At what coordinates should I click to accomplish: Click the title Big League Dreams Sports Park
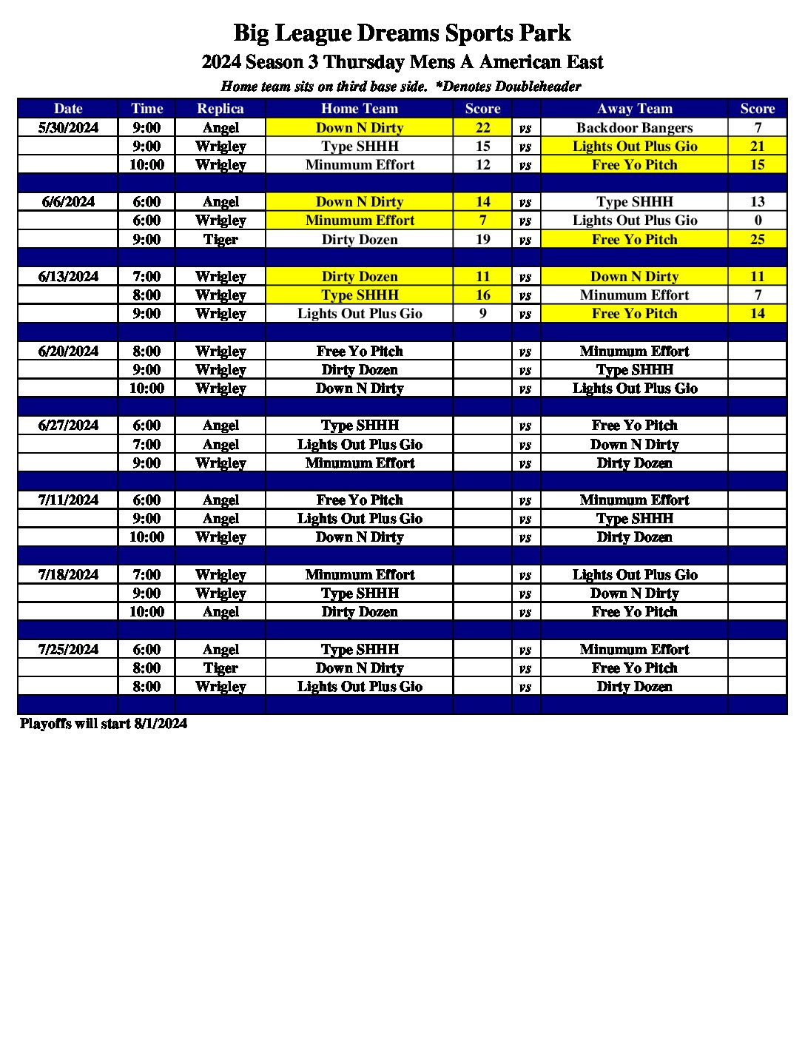click(402, 33)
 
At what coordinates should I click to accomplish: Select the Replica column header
click(220, 109)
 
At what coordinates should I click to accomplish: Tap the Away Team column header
click(634, 109)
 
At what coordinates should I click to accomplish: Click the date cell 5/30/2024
click(68, 128)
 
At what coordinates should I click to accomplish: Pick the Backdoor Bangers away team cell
click(634, 128)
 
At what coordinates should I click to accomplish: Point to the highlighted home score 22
click(482, 128)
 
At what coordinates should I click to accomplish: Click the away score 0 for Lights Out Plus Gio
click(757, 221)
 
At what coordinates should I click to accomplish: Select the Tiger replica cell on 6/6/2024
click(220, 240)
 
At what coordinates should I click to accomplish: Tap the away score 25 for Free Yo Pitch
click(757, 240)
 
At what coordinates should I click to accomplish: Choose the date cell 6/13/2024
click(68, 277)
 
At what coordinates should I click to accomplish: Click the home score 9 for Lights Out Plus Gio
click(482, 314)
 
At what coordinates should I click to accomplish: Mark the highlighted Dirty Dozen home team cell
click(360, 277)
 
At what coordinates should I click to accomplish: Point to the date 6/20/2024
click(68, 352)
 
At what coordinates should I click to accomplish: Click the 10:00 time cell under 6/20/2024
click(146, 389)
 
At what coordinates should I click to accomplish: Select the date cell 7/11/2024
click(68, 500)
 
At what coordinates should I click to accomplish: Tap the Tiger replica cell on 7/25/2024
click(220, 668)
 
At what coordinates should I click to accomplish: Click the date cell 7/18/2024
click(68, 575)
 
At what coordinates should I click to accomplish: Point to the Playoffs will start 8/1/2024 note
click(104, 724)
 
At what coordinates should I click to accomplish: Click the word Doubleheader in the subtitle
click(538, 87)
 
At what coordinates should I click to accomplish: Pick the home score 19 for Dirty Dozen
click(482, 240)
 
